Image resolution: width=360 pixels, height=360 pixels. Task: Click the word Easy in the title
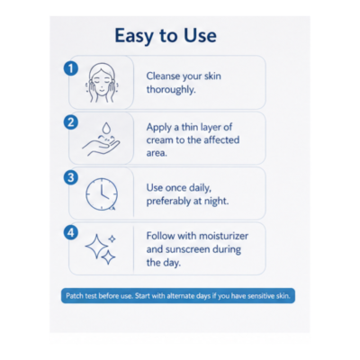135,36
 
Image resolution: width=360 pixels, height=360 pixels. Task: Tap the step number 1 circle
71,68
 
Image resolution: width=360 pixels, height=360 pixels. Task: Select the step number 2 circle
71,122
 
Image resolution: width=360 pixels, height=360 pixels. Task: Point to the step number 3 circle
71,177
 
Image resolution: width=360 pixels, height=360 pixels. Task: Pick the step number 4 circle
71,232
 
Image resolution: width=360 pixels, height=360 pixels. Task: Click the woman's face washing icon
102,83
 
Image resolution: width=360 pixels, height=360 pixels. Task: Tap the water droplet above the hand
106,128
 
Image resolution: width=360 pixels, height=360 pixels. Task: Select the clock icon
102,194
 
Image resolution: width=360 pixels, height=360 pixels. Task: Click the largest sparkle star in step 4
96,247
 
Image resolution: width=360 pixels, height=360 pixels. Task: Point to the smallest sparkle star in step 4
112,238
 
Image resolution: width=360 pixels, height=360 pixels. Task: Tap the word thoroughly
171,90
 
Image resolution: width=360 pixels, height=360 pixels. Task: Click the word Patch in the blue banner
74,296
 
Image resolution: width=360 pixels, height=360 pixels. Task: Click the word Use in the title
200,35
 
